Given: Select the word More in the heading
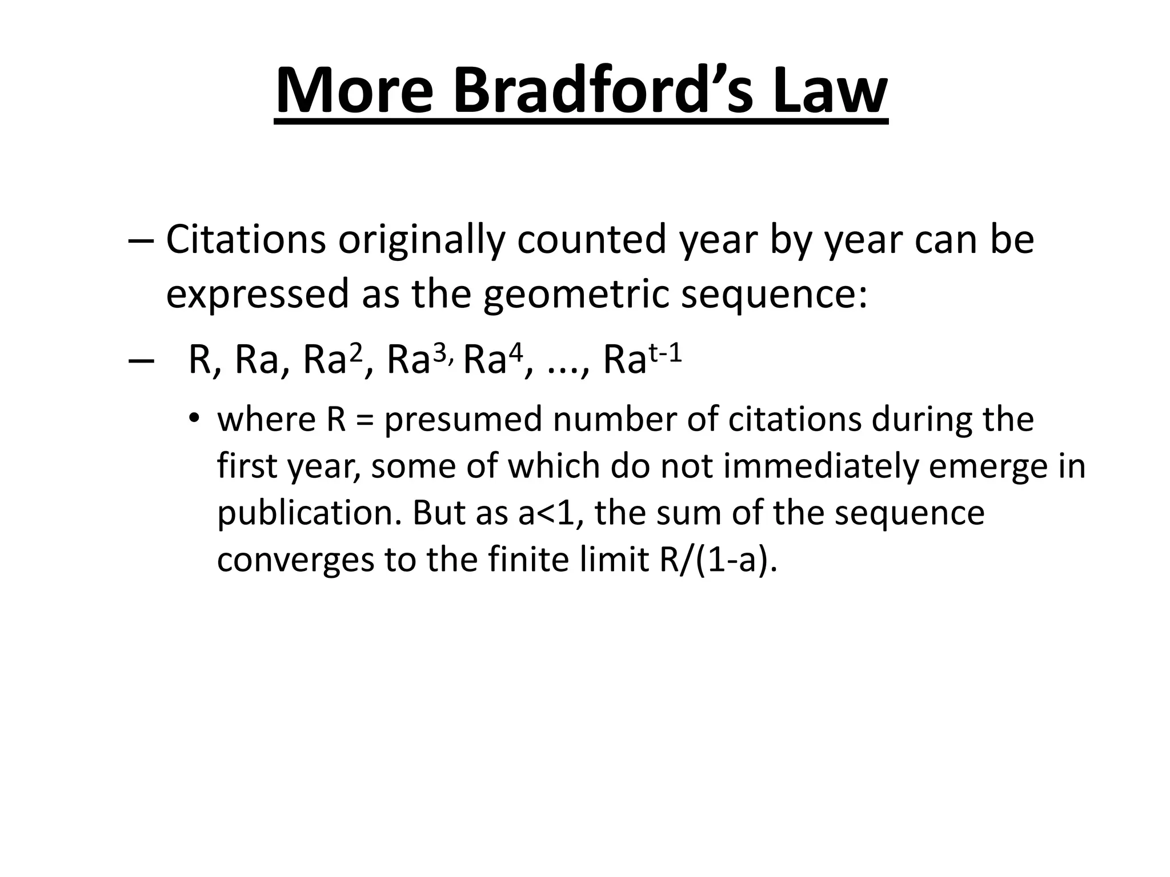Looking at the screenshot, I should pos(354,91).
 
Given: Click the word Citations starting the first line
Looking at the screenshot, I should pos(246,240).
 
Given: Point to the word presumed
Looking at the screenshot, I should pos(463,420).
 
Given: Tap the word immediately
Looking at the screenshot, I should pos(820,466).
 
